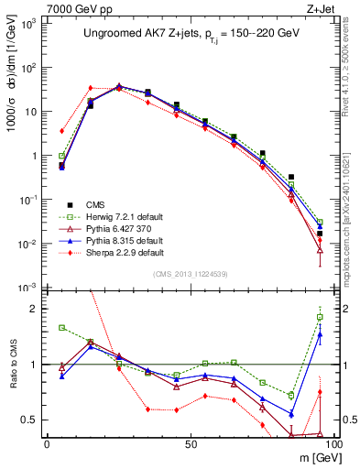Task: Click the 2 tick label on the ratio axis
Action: [33, 309]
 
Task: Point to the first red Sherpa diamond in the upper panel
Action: [61, 131]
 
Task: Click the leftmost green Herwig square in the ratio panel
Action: [61, 327]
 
